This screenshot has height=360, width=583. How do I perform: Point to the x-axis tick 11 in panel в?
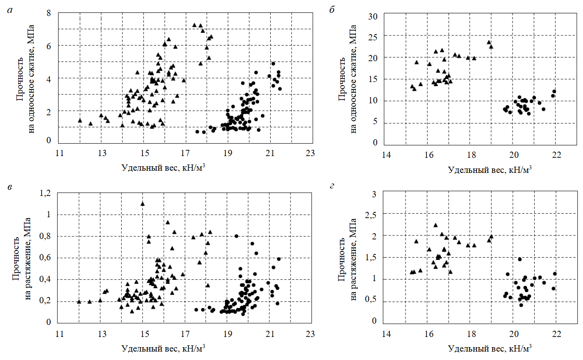click(59, 334)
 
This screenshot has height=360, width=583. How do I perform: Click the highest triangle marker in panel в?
click(142, 203)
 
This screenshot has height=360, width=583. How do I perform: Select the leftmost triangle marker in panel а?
click(80, 120)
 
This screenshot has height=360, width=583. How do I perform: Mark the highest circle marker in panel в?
click(236, 236)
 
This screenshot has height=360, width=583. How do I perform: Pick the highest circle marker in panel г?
click(520, 259)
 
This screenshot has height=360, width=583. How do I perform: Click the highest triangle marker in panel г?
click(435, 225)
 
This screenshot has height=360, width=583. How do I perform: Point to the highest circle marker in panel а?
click(273, 63)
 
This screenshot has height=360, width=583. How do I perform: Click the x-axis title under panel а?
click(163, 168)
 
